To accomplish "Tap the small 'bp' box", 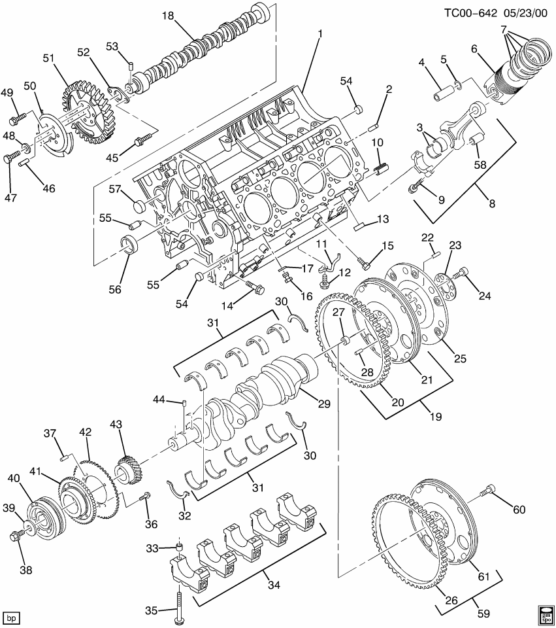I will (x=10, y=617).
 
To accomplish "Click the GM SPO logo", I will (x=544, y=615).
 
